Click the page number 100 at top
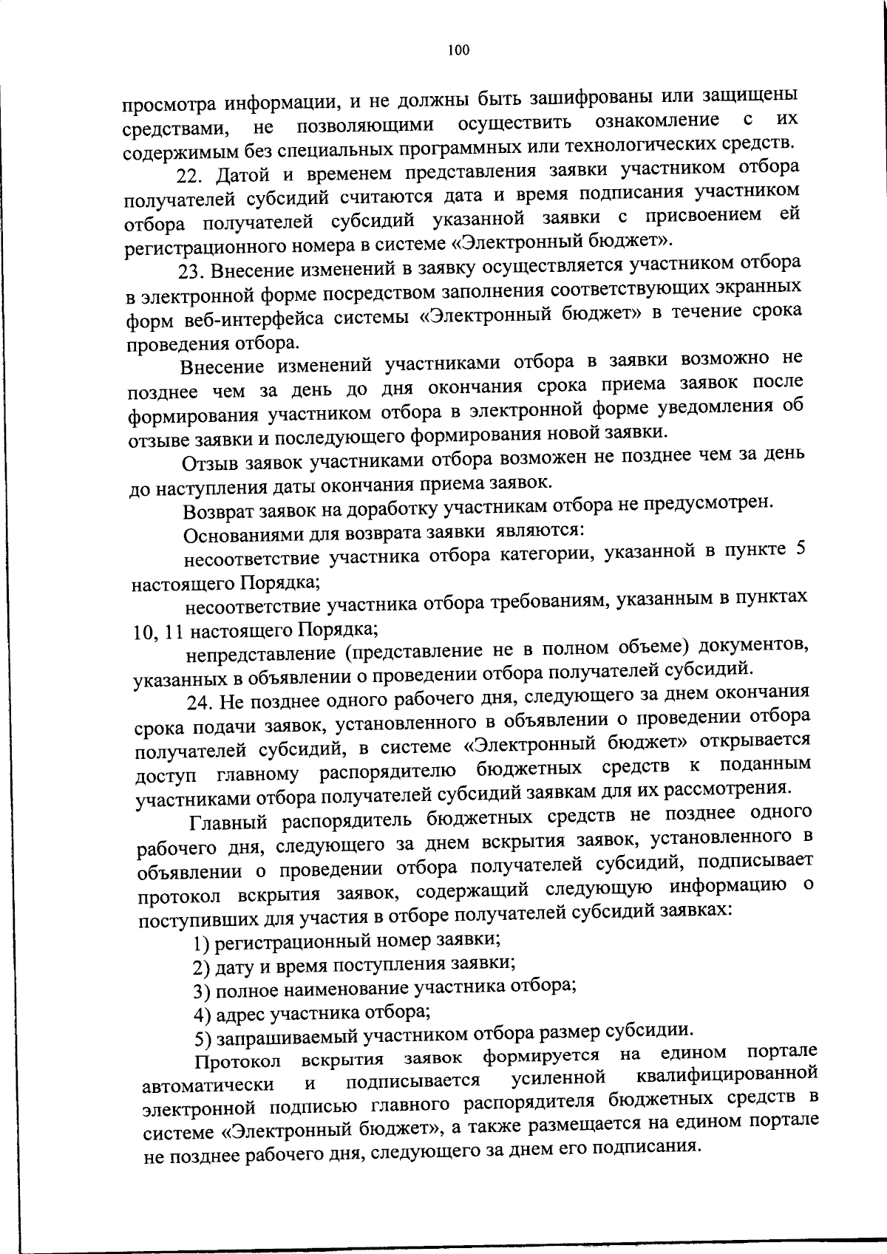click(458, 51)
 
